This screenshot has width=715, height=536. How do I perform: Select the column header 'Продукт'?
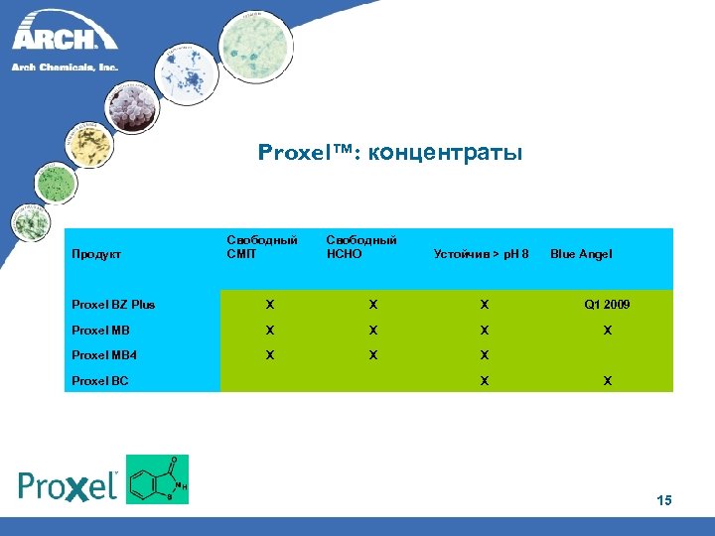[x=96, y=254]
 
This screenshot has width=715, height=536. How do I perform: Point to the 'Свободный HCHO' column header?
[x=361, y=247]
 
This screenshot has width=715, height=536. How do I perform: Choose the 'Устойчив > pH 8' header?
[x=482, y=254]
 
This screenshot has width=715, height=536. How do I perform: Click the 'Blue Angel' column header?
[x=581, y=254]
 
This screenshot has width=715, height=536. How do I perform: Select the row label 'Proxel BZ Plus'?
[x=113, y=305]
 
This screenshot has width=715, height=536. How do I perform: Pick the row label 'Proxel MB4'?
[x=103, y=355]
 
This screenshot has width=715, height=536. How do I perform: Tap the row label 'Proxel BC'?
[x=100, y=381]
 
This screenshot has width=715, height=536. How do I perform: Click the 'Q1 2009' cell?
[x=607, y=305]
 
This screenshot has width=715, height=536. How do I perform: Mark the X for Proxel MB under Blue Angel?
[x=607, y=331]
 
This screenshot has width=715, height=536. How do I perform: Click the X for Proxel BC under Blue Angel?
[x=607, y=381]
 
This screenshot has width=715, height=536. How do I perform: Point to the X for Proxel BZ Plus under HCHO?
[x=372, y=305]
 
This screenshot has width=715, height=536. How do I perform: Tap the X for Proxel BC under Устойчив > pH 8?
[x=484, y=381]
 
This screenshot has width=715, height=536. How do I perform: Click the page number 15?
[x=663, y=501]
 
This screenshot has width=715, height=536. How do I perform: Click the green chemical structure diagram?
[x=157, y=479]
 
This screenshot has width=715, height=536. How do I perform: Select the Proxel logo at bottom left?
[x=69, y=485]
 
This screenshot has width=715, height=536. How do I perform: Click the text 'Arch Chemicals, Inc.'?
[x=65, y=67]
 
